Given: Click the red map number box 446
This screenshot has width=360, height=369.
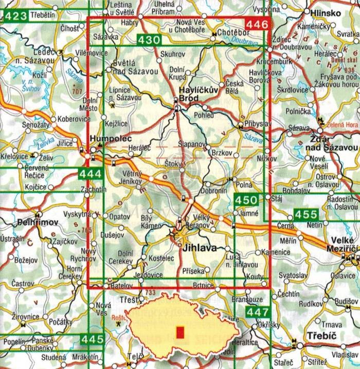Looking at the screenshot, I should (x=257, y=24).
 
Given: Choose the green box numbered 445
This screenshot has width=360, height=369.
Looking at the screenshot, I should (x=93, y=340).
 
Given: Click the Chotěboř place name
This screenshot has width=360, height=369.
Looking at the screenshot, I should (x=232, y=33).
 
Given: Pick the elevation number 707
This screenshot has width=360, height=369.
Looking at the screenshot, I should (x=77, y=92).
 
